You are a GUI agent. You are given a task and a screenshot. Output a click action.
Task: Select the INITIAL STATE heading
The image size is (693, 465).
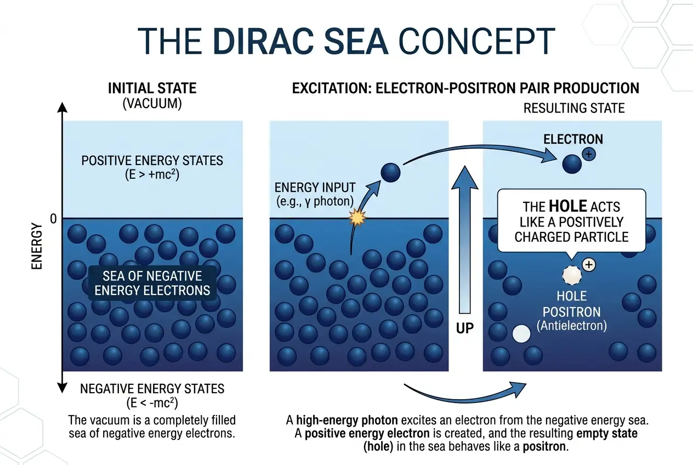click(152, 88)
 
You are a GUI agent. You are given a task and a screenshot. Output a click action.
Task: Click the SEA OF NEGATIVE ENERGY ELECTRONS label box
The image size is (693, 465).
click(152, 283)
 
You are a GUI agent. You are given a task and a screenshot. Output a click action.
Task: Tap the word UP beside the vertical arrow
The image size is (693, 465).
click(465, 328)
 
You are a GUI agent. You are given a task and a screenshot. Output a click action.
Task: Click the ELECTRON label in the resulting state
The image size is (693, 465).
click(573, 139)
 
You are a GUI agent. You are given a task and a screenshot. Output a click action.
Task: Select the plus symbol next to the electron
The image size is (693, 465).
click(588, 155)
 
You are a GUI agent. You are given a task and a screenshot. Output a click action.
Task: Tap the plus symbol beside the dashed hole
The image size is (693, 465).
click(588, 265)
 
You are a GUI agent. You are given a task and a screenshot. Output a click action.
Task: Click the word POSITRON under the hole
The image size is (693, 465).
click(571, 312)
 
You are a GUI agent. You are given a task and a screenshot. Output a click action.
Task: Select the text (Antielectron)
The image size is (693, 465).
click(571, 326)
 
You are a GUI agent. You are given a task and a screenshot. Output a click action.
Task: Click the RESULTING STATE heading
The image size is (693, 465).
click(573, 108)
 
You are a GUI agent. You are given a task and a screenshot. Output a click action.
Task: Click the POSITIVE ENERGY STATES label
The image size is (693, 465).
click(152, 161)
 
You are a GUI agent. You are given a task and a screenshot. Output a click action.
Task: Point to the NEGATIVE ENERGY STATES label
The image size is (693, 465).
click(152, 389)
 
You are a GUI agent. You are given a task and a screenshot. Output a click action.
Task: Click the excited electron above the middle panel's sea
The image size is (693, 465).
click(391, 173)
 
